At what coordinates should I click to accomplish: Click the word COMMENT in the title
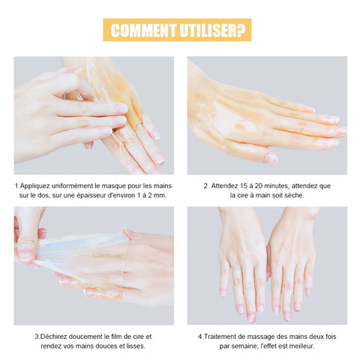coord(143,30)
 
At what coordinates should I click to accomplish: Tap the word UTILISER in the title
coord(208,30)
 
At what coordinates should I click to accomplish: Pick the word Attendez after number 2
coord(224,186)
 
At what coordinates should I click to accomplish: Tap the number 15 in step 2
coord(243,186)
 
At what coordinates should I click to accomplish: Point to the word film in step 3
coord(115,337)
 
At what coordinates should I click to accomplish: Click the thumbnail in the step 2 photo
coord(271,158)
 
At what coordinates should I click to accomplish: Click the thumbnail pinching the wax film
coord(26,256)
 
